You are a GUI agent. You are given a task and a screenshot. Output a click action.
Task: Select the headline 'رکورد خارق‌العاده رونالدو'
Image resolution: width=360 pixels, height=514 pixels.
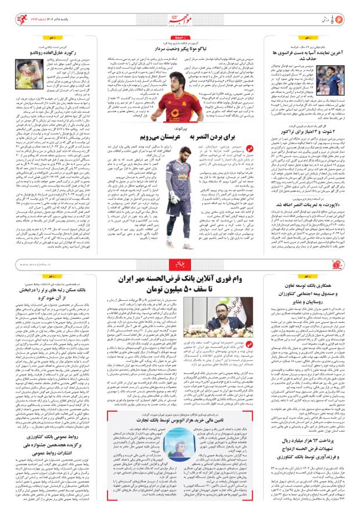point(53,55)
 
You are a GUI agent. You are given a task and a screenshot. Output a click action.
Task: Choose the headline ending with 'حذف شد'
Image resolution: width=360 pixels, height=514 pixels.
point(307,56)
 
